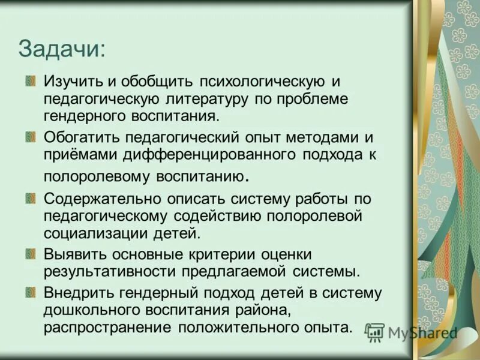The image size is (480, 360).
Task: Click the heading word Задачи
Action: click(61, 49)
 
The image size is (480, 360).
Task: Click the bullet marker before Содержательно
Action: click(30, 196)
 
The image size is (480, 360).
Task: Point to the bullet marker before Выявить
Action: click(30, 254)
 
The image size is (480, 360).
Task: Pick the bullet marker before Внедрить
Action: click(30, 292)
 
